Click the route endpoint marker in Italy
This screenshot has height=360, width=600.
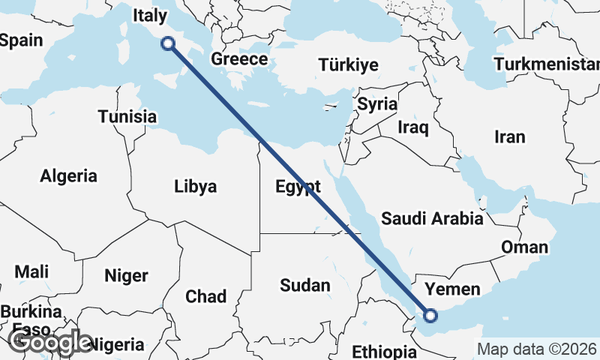[x=169, y=43]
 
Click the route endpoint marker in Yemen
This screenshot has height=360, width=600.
[x=430, y=316]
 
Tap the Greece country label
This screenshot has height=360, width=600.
[x=239, y=59]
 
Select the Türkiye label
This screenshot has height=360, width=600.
[x=348, y=64]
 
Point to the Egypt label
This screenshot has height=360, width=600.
[x=298, y=187]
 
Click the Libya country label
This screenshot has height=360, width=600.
[x=195, y=186]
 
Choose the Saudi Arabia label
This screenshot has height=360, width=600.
[x=432, y=219]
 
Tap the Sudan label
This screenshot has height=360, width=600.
[x=304, y=285]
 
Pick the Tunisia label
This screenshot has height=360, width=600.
[x=127, y=117]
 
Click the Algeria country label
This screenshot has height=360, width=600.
[x=69, y=176]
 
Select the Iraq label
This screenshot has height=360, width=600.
[x=413, y=127]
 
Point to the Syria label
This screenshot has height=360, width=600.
[x=376, y=104]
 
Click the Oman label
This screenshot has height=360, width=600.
[x=524, y=247]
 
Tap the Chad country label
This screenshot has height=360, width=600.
[x=205, y=297]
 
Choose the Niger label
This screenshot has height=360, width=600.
[x=126, y=275]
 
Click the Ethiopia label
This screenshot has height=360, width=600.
[x=383, y=352]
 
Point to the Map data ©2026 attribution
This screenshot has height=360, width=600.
[x=536, y=349]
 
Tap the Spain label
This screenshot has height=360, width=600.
[x=22, y=40]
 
